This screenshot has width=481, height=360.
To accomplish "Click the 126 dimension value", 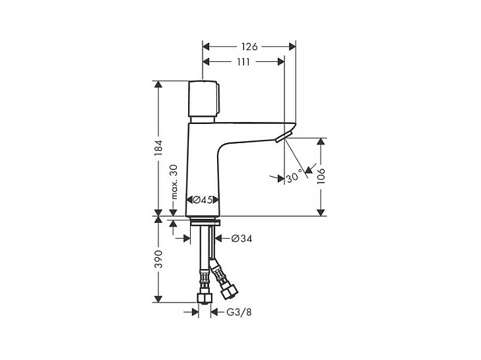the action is pyautogui.click(x=249, y=47).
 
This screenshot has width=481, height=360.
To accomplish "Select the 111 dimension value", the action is pyautogui.click(x=243, y=62).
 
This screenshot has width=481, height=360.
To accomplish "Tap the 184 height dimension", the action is pyautogui.click(x=158, y=148).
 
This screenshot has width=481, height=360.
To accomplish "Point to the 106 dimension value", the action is pyautogui.click(x=321, y=176).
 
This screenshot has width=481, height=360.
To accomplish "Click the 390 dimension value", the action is pyautogui.click(x=158, y=259).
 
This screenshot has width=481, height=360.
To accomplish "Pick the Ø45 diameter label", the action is pyautogui.click(x=203, y=200).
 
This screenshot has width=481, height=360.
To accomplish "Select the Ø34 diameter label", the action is pyautogui.click(x=241, y=238).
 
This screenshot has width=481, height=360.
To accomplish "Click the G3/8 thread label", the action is pyautogui.click(x=239, y=312).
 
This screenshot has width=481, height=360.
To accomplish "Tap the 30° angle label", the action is pyautogui.click(x=294, y=177).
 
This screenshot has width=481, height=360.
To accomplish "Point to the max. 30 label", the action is pyautogui.click(x=174, y=182).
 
